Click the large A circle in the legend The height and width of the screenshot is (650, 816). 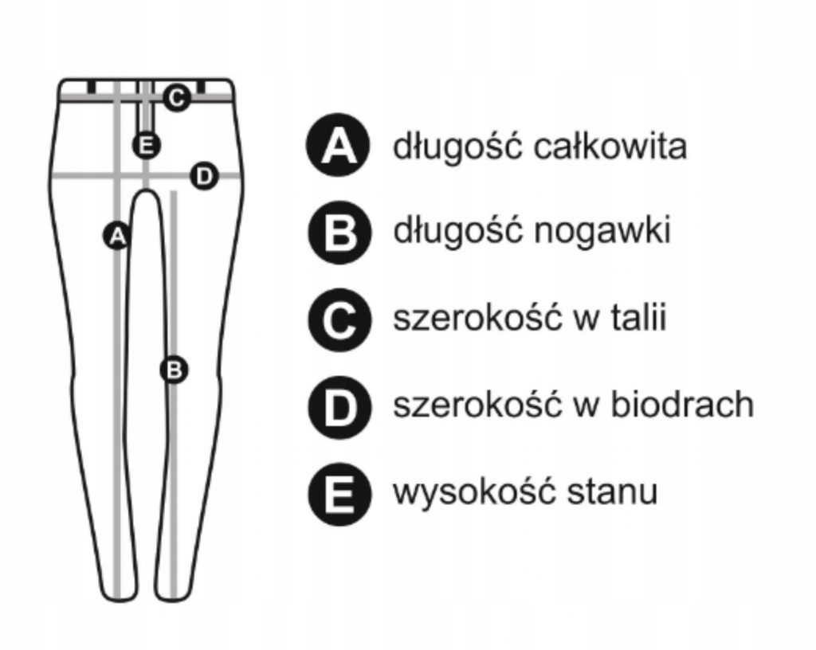[x=338, y=147]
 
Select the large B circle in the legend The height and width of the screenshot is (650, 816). [x=338, y=233]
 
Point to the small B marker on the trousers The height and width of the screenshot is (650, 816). [x=174, y=370]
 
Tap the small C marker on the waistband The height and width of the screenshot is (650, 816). [x=176, y=98]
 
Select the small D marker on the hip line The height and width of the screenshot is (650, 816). [x=205, y=176]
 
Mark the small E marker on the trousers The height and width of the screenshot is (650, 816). [x=146, y=145]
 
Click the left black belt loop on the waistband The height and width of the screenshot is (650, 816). [x=92, y=86]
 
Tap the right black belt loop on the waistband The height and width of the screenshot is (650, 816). [x=202, y=86]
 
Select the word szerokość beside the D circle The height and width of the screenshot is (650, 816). [x=475, y=405]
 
